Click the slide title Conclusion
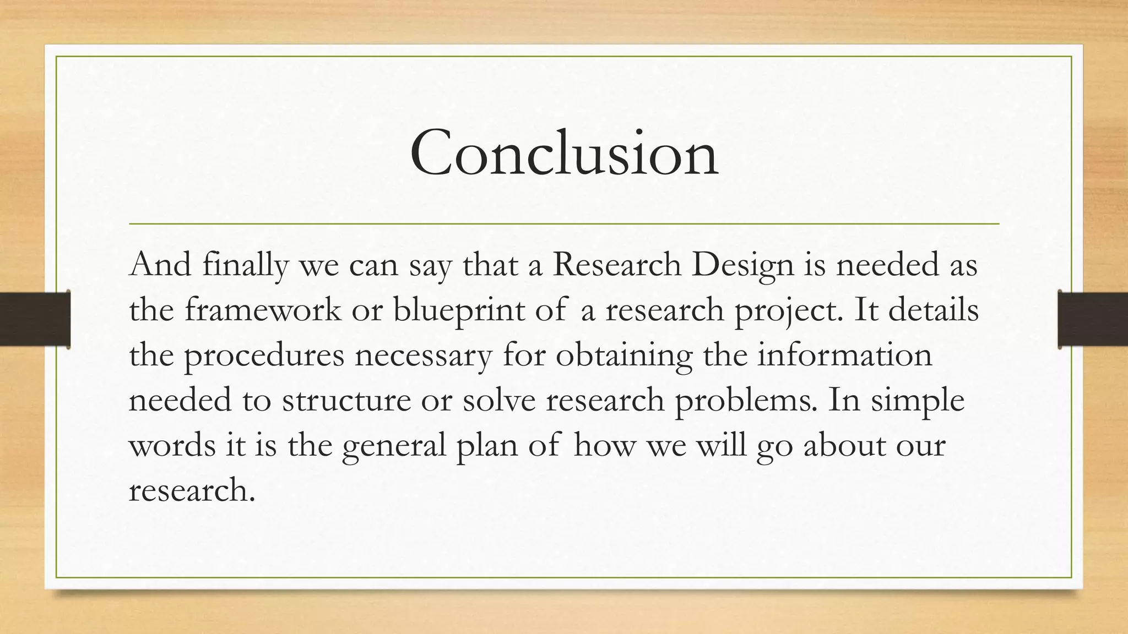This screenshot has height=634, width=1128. click(564, 152)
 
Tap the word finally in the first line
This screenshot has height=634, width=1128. click(245, 265)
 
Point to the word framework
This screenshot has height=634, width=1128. click(263, 310)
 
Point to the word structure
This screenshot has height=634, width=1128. click(346, 401)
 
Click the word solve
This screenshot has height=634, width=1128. click(498, 401)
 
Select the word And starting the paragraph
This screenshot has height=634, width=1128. click(160, 265)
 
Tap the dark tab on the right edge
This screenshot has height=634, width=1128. click(1093, 319)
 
